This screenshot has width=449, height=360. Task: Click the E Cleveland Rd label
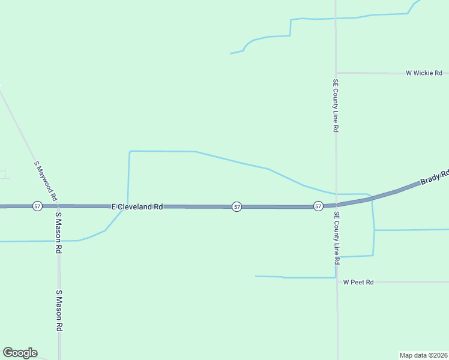click(x=137, y=206)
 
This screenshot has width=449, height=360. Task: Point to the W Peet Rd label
click(x=358, y=282)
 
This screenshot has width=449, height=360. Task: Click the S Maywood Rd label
click(x=46, y=180)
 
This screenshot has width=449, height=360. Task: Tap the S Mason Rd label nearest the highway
click(x=59, y=233)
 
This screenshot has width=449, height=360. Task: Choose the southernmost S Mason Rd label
click(x=59, y=311)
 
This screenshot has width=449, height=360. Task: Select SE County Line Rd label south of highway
click(x=337, y=239)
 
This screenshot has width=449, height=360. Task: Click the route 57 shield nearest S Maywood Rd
click(x=38, y=206)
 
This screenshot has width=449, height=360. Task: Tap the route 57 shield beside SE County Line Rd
click(x=318, y=206)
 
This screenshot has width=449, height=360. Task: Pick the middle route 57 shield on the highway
click(x=237, y=206)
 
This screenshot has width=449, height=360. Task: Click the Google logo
click(x=20, y=353)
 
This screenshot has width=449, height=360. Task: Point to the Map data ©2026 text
click(x=424, y=355)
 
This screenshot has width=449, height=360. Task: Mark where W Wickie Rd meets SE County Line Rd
click(x=336, y=73)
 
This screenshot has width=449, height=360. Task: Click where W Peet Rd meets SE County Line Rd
click(x=337, y=281)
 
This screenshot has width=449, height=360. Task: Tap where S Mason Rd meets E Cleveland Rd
click(x=58, y=206)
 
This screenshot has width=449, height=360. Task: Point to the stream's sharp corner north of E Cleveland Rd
click(x=130, y=151)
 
